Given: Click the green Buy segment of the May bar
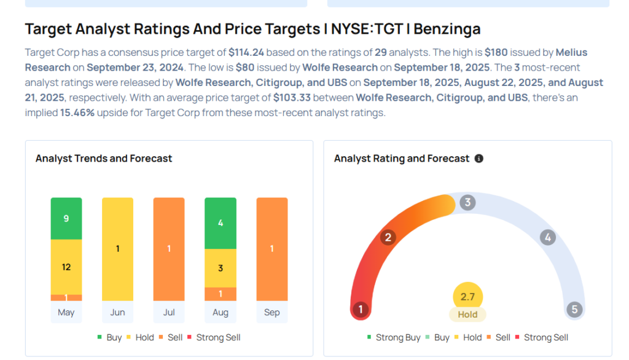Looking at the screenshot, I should pos(66,218).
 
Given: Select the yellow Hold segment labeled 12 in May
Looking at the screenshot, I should pos(66,267).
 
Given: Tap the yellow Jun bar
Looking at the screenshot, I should pos(117,249).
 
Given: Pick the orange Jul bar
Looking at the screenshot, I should pos(169,249).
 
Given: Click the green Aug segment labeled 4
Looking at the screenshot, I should pos(221,223).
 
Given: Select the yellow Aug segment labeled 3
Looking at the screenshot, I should pos(221,268).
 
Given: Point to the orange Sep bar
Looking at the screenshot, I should pos(272,249).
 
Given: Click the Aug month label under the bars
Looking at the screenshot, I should pos(221,312).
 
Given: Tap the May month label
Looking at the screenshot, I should pos(66,312).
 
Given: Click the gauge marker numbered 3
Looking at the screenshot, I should pos(467,202).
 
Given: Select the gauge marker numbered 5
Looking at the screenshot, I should pos(575,309).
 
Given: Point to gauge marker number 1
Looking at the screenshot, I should pos(361,309).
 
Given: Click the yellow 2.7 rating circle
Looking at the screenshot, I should pos(467,297).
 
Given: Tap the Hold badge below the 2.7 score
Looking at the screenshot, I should pos(467,315).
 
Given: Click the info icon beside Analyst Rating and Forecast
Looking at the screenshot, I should pos(479,158).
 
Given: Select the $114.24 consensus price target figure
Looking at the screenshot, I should pos(246,53).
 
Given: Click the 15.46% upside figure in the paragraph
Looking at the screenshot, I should pos(77,112).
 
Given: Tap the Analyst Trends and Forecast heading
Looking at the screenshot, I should pos(104,158).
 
